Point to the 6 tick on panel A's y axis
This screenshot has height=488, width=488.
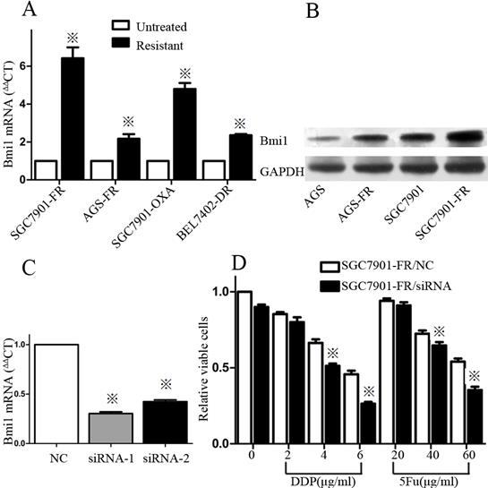pyautogui.click(x=25, y=66)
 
